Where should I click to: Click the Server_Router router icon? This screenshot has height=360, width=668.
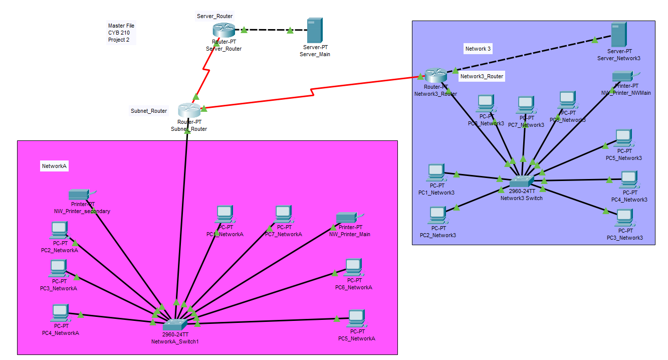(220, 31)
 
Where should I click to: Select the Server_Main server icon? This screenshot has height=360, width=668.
(315, 31)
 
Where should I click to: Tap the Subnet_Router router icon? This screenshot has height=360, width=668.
(189, 110)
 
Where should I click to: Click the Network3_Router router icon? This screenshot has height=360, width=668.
(435, 76)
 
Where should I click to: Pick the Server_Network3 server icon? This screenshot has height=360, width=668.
(618, 35)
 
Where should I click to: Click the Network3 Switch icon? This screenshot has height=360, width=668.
(522, 182)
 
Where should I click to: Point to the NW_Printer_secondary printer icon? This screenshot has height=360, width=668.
(79, 194)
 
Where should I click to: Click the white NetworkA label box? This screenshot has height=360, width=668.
(54, 166)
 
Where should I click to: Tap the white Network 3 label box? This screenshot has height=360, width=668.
(478, 49)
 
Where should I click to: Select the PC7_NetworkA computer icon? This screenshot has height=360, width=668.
(283, 214)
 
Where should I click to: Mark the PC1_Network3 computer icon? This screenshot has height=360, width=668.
(435, 172)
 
